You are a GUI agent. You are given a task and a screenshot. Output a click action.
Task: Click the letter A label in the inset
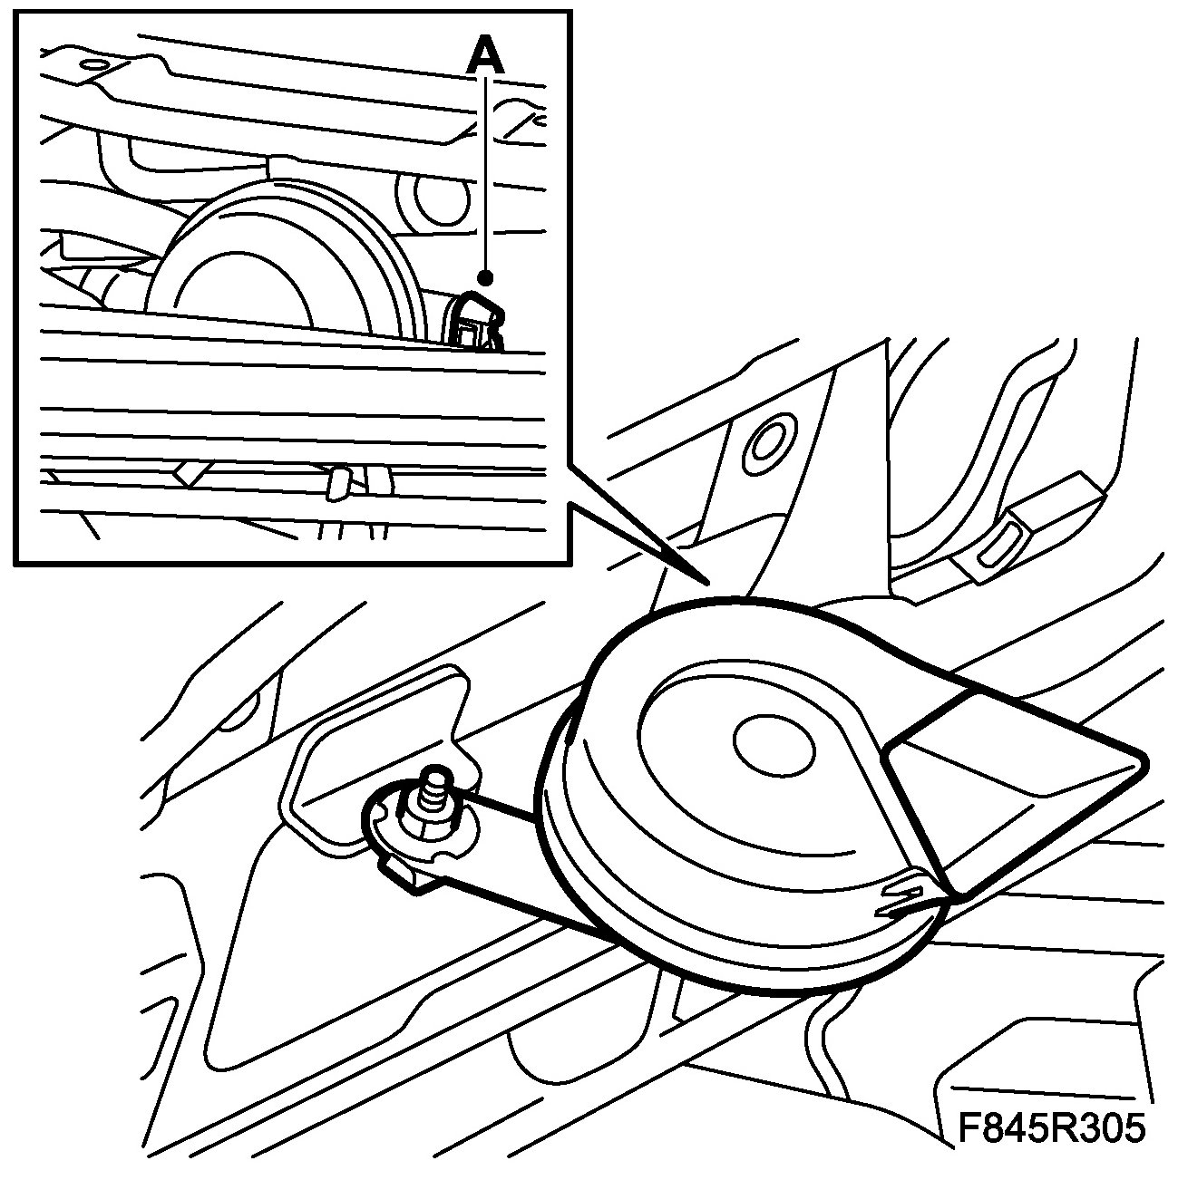[x=485, y=57]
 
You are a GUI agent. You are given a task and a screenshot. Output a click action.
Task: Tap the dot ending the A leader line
[x=487, y=277]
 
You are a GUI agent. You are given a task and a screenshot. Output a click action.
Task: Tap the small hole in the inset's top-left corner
[x=92, y=65]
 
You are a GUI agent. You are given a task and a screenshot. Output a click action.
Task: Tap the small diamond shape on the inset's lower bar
[x=190, y=472]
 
